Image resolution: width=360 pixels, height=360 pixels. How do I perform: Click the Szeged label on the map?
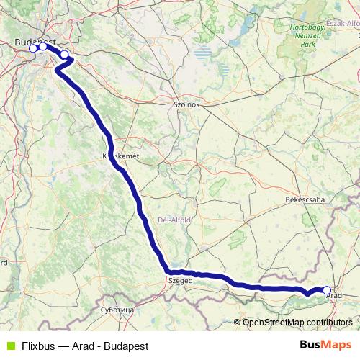[x=180, y=282]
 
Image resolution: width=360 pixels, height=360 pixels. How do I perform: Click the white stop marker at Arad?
[x=327, y=290]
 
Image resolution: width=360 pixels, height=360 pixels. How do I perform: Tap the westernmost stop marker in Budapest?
[x=32, y=48]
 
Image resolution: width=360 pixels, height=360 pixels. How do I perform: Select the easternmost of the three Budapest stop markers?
[x=65, y=54]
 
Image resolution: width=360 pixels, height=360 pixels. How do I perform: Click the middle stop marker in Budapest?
[x=42, y=47]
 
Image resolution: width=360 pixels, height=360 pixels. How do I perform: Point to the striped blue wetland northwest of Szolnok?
[x=204, y=53]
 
